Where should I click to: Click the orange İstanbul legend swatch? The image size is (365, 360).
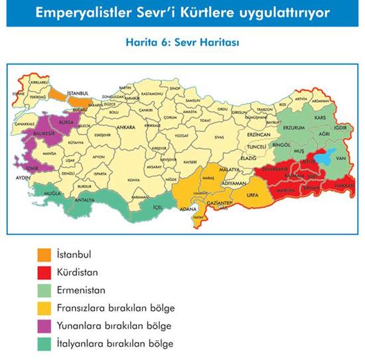pyautogui.click(x=44, y=254)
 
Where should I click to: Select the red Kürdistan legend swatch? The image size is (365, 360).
pyautogui.click(x=44, y=272)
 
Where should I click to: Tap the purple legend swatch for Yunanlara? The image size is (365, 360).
pyautogui.click(x=44, y=326)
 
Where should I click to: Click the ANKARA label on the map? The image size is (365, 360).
pyautogui.click(x=127, y=126)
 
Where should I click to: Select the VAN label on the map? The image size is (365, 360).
pyautogui.click(x=342, y=158)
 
